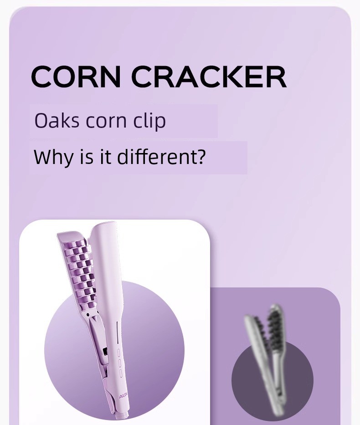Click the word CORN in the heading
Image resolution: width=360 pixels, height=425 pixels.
point(76,77)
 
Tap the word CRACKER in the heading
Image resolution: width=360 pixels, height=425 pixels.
point(209,77)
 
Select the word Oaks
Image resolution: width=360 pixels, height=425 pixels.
point(57,121)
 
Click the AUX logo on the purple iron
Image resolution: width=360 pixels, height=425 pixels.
point(123,397)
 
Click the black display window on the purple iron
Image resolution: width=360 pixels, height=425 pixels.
point(105,352)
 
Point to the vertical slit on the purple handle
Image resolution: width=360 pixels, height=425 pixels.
point(117,333)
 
